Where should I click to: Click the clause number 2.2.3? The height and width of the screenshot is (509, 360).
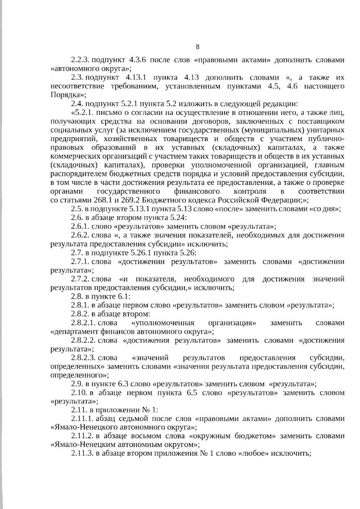[x=80, y=60]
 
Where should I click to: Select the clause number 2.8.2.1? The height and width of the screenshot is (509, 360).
[x=83, y=323]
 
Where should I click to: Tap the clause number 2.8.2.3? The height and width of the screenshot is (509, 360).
[x=83, y=358]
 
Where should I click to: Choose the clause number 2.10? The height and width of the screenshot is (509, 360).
[x=79, y=393]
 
